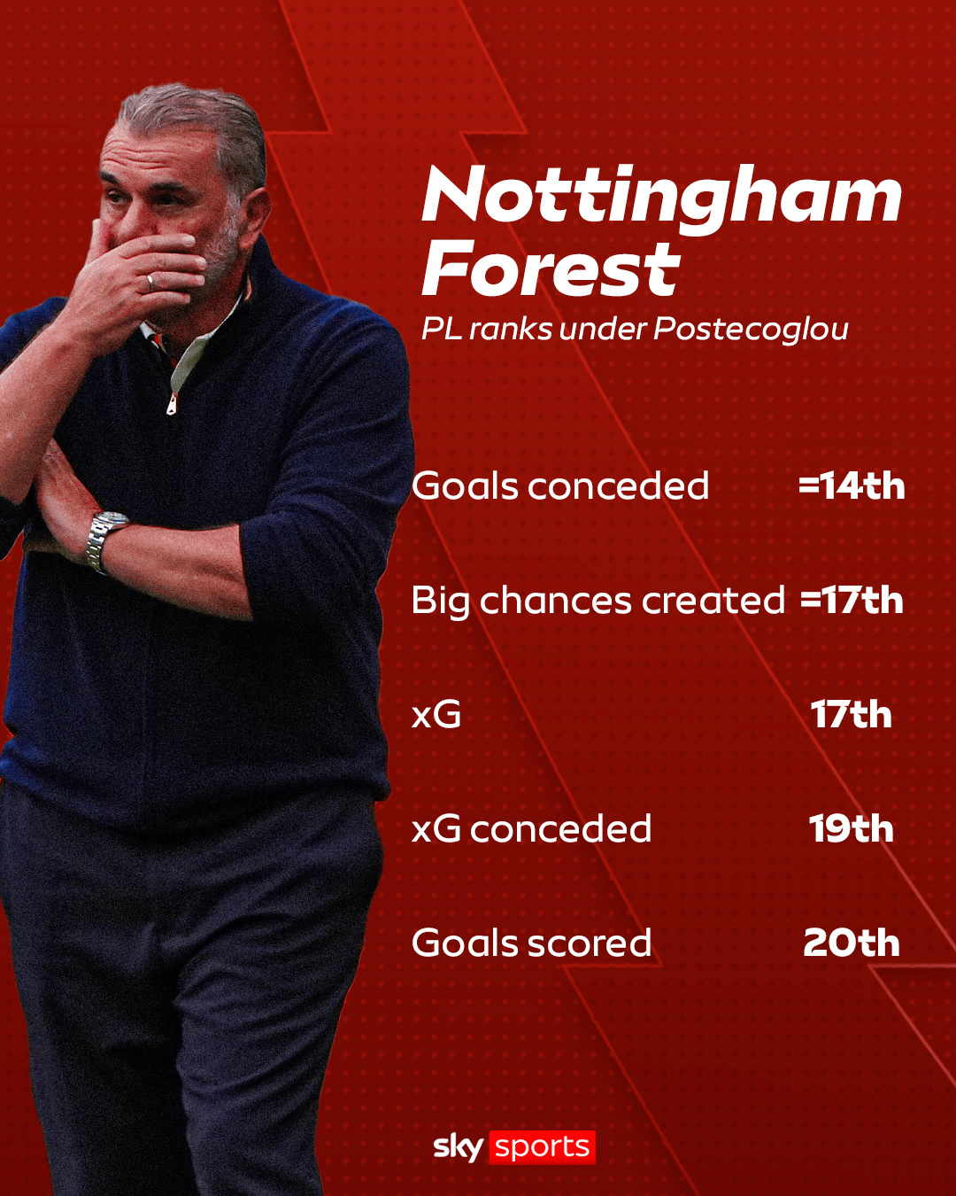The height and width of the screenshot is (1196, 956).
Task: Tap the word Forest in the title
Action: (551, 269)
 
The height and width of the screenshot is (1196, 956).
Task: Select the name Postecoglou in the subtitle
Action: (751, 330)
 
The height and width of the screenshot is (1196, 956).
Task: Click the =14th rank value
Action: (852, 485)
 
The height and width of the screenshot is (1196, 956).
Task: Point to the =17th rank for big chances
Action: (852, 601)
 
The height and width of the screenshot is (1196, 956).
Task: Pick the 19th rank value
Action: (851, 829)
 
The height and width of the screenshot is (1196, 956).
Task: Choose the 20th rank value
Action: (851, 944)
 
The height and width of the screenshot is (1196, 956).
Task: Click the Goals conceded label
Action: (560, 485)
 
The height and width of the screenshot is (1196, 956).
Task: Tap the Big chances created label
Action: (598, 602)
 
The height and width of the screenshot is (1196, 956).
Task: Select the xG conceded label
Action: (532, 829)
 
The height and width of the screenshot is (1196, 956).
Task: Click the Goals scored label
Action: (532, 944)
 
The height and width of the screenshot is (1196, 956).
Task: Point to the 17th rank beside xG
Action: (851, 715)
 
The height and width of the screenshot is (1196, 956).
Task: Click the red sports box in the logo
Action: (542, 1147)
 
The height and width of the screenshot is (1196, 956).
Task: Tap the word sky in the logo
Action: (459, 1148)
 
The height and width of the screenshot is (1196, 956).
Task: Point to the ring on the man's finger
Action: (150, 283)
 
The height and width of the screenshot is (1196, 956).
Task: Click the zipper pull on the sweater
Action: (173, 403)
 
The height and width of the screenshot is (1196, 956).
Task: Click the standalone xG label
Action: (436, 715)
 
